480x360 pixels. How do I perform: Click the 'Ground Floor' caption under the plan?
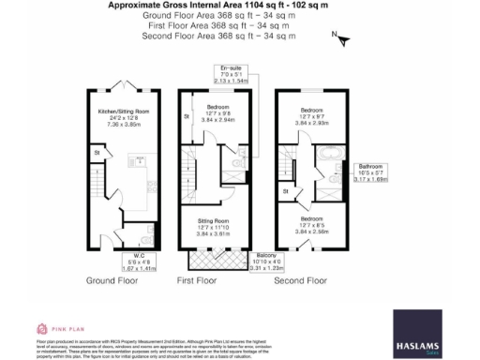[113, 280]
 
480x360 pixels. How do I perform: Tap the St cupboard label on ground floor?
[97, 150]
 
